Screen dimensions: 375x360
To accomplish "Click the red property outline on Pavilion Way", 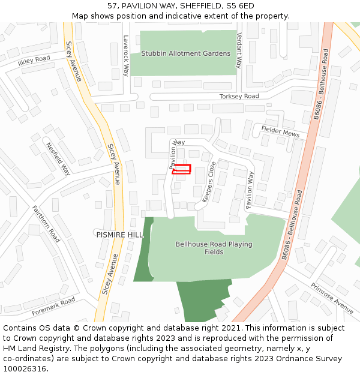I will coord(182,169).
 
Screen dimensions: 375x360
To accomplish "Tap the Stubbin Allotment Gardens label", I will coord(185,53).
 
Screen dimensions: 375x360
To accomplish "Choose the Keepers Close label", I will coord(209,181).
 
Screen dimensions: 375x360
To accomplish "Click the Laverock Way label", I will coord(126,55).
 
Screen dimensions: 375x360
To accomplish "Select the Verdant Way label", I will coord(239,50).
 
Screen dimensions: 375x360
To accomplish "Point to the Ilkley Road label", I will coord(34,61).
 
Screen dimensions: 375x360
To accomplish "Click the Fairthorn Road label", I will coord(46,224).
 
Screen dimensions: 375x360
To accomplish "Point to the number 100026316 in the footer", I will coord(25,368).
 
